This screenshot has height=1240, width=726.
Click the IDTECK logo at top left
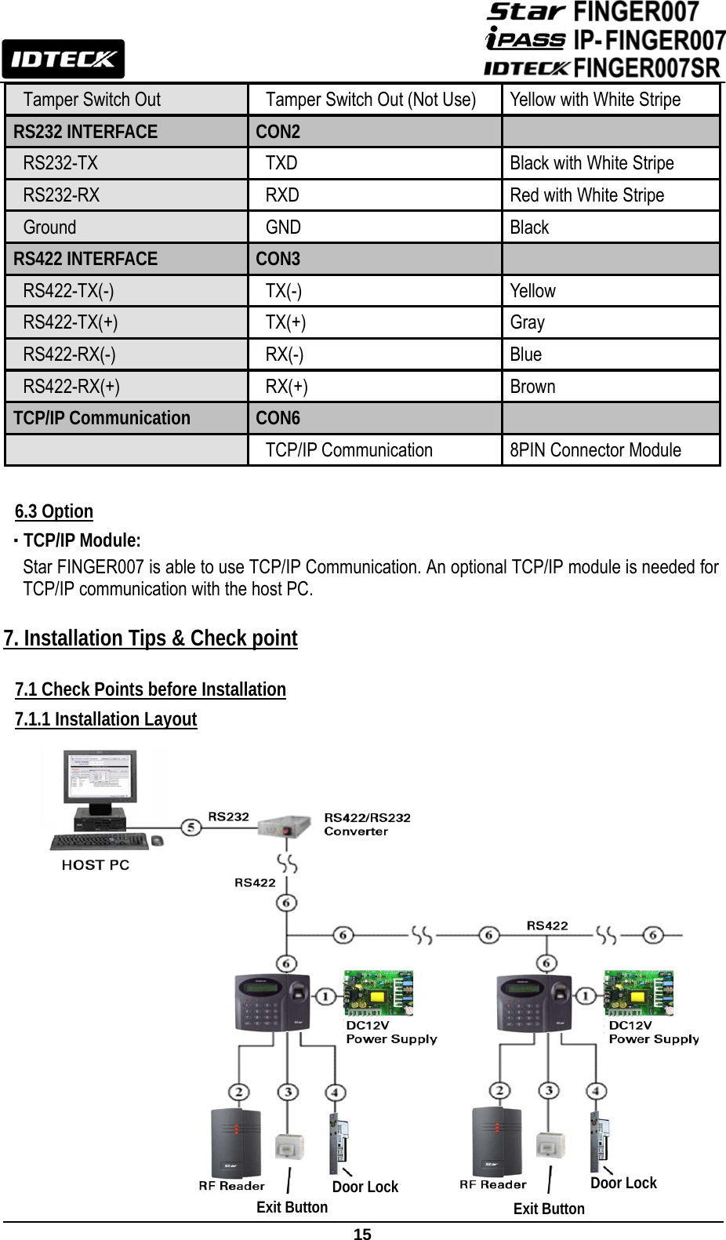(63, 59)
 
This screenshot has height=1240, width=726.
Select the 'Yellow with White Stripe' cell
(595, 100)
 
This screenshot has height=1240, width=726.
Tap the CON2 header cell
(278, 132)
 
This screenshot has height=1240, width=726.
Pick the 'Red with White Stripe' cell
(586, 195)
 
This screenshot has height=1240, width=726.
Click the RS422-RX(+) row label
(71, 387)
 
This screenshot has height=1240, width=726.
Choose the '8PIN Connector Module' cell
(595, 450)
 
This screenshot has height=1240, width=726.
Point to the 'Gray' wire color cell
(527, 322)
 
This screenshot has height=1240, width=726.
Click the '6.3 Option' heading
(54, 511)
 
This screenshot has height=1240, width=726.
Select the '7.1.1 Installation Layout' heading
(106, 719)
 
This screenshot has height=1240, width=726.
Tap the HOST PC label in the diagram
(96, 865)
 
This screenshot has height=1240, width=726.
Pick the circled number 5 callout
(191, 827)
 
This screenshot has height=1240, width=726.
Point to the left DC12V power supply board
(379, 992)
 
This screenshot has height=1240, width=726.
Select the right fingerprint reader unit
(534, 1003)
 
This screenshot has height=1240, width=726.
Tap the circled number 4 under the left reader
(335, 1092)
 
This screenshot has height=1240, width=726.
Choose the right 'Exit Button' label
(549, 1209)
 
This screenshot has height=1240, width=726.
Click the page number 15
(362, 1234)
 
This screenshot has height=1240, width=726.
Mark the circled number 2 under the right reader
(499, 1091)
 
